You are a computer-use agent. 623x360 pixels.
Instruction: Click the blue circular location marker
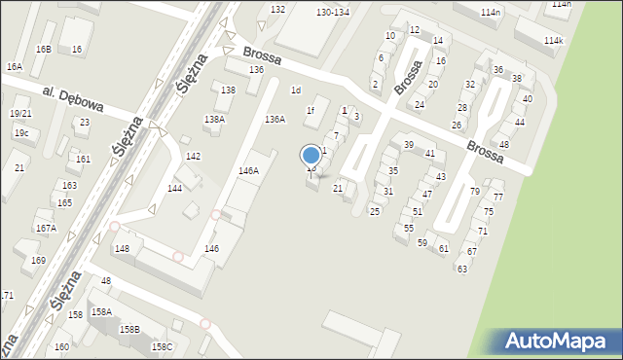(311, 155)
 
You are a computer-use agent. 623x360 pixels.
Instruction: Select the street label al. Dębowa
(73, 97)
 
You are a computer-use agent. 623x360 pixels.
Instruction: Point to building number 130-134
(333, 12)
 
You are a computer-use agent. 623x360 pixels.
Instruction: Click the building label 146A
(248, 170)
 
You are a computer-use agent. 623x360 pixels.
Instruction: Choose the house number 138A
(214, 119)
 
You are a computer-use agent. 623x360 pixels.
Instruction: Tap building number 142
(194, 157)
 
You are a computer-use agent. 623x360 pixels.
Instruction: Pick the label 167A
(46, 228)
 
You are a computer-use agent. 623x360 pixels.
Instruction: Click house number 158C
(162, 346)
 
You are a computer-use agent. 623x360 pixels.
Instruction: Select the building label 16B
(43, 49)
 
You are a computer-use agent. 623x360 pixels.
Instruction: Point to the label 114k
(554, 41)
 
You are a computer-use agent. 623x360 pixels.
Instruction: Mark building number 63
(462, 269)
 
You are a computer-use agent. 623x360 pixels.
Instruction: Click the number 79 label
(475, 191)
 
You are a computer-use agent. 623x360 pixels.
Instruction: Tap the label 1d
(296, 90)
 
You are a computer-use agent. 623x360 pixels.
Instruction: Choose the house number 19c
(20, 132)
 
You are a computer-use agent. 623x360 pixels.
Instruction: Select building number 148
(122, 249)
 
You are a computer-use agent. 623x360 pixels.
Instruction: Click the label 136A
(275, 119)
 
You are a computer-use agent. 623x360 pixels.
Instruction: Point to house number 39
(409, 144)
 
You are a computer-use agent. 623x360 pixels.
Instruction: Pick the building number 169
(39, 261)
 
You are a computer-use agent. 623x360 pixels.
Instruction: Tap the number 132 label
(278, 9)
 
